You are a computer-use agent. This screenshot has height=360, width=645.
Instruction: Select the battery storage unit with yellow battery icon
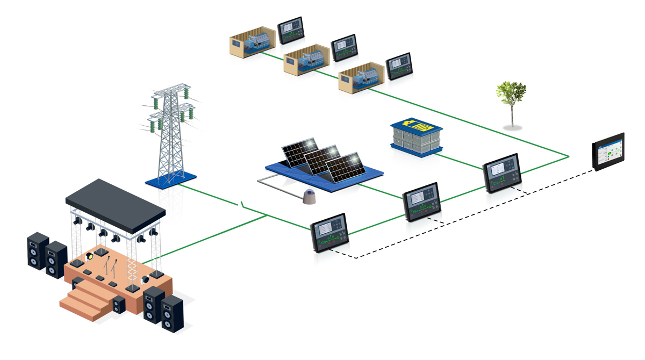416,137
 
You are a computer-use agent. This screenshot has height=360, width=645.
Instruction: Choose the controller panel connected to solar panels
422,203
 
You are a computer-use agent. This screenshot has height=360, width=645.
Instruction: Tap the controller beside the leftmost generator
291,31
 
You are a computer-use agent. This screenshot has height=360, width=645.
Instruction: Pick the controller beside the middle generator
344,48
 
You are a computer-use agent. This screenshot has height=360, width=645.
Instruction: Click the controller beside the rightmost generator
398,66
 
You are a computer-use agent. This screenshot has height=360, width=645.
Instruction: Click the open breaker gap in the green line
243,205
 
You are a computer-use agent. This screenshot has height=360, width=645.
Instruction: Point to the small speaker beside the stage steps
119,305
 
